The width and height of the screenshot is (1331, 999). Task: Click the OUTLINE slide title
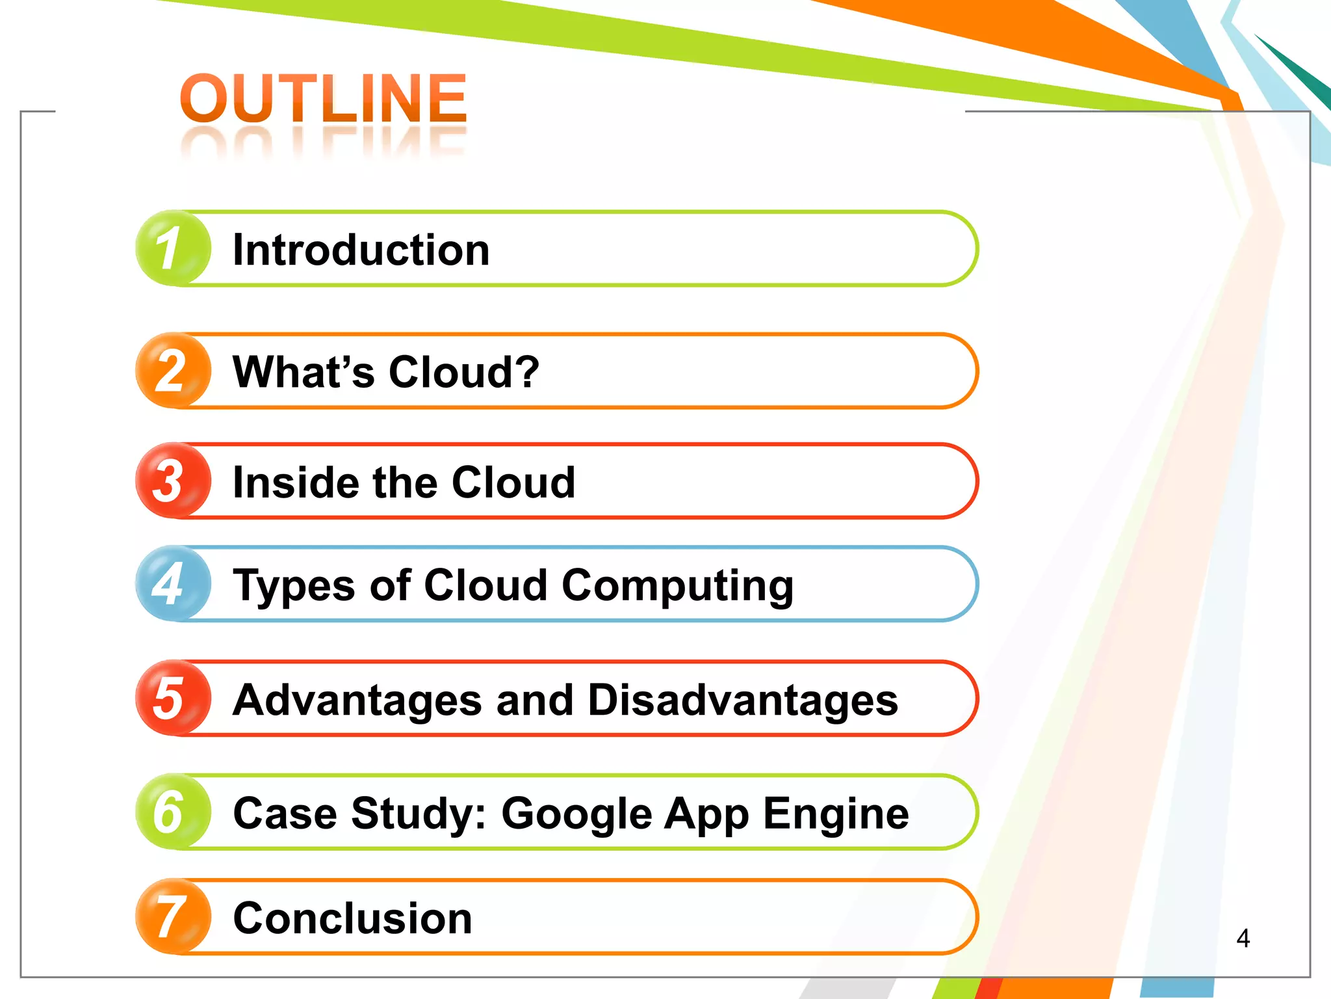[323, 99]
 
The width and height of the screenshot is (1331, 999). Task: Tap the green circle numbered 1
[173, 248]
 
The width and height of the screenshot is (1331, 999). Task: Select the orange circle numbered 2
[173, 371]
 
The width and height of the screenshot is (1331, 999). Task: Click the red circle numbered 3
[173, 481]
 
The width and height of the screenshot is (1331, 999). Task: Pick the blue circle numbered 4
[173, 583]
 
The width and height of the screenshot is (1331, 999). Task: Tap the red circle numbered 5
[173, 698]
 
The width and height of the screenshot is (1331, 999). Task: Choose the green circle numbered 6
[173, 812]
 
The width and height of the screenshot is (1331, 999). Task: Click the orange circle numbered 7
[173, 916]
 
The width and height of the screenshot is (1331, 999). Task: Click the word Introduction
[361, 250]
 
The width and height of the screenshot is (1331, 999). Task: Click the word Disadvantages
[742, 700]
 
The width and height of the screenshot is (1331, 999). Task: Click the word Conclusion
[352, 918]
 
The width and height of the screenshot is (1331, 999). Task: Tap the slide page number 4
[1243, 938]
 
